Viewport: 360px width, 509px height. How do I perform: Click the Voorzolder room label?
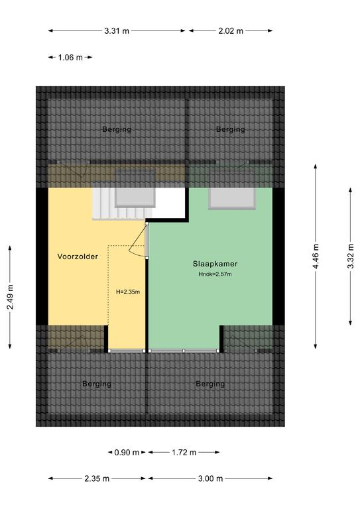[78, 256]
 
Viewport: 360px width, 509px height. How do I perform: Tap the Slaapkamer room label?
[215, 264]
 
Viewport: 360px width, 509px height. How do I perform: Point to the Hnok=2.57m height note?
[215, 274]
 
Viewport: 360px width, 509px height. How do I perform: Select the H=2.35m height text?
[128, 292]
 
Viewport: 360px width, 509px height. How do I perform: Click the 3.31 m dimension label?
[117, 31]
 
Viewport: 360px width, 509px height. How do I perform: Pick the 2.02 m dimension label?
[231, 31]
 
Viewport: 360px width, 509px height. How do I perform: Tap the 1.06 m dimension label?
[70, 58]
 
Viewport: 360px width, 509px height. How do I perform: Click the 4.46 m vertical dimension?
[316, 256]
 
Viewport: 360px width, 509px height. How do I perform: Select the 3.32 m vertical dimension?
[351, 256]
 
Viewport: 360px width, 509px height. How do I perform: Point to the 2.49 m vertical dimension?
[10, 297]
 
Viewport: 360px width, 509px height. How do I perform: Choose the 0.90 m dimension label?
[127, 452]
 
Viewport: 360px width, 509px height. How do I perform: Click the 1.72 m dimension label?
[184, 452]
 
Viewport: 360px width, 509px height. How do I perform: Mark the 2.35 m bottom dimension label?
[97, 479]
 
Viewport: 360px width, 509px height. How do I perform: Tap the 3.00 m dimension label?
[210, 479]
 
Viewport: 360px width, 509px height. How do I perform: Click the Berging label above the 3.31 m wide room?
[117, 129]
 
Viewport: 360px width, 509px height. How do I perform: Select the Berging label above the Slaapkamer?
[231, 129]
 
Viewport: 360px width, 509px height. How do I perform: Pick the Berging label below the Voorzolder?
[97, 384]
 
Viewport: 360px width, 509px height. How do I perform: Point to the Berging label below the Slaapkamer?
[210, 384]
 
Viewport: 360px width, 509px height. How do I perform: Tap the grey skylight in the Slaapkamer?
[232, 198]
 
